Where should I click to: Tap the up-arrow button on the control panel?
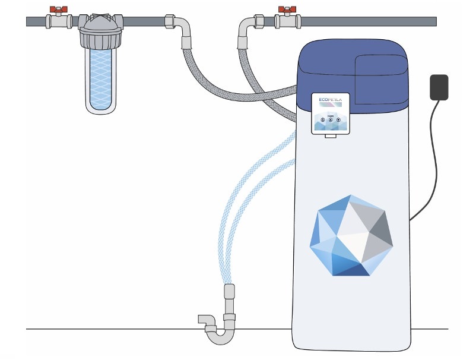[331, 120]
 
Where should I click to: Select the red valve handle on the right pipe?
[288, 10]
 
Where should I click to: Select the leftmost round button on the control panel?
[323, 120]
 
